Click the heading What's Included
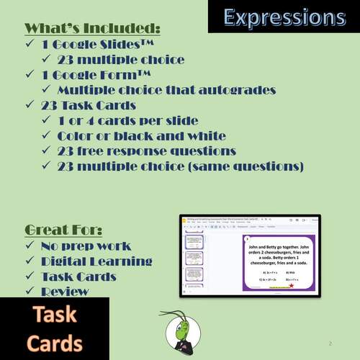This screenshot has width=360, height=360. point(92,29)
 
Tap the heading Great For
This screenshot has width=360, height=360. point(63,230)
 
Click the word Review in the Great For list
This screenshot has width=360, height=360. point(65,291)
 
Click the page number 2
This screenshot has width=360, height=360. point(330,343)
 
